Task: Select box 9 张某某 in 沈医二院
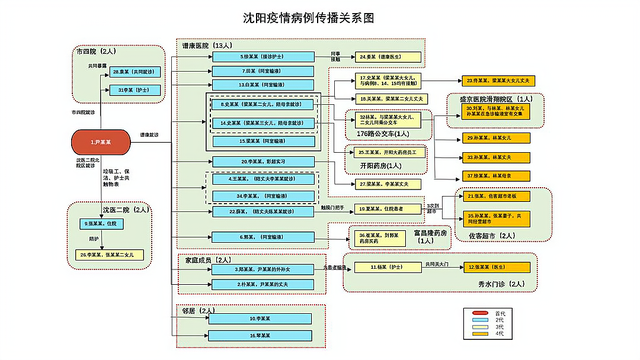coord(106,223)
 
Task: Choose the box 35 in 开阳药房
coord(380,150)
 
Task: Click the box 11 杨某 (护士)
coord(380,268)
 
